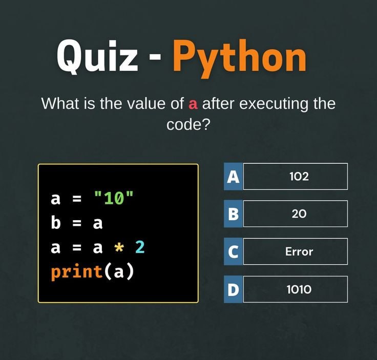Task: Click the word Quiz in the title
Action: (97, 57)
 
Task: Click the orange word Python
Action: (240, 58)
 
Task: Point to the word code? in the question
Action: (188, 124)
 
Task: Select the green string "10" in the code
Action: (114, 198)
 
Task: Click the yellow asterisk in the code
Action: (119, 247)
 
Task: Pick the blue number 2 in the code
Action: (140, 247)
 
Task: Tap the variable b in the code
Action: (55, 222)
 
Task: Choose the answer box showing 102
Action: (295, 176)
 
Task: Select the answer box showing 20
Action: (295, 214)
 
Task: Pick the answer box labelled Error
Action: (295, 251)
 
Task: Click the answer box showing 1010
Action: (295, 289)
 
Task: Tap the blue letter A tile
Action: (233, 176)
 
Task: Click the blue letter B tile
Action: (233, 214)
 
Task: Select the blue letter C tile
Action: (233, 251)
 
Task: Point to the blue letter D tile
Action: (233, 289)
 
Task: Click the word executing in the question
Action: (274, 104)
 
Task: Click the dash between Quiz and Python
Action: (155, 57)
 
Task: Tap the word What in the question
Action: (60, 103)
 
